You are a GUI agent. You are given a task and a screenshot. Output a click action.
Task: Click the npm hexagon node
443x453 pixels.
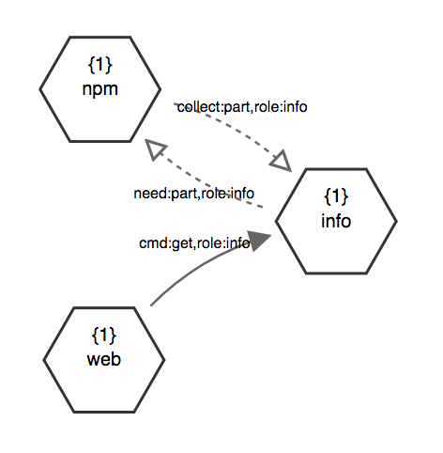coord(100,89)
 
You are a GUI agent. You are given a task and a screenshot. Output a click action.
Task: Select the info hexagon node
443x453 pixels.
coord(336,221)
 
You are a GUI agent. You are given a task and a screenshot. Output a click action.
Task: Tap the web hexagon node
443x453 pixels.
coord(104,360)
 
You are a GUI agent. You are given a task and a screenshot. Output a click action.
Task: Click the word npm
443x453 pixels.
coord(100,89)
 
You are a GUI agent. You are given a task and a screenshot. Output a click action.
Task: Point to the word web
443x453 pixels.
coord(104,359)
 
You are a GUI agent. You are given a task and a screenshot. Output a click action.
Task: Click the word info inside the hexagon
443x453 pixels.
coord(336,221)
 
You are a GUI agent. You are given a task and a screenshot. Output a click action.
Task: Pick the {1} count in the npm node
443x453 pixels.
coord(100,65)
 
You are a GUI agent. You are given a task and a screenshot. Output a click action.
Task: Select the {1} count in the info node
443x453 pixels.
coord(336,196)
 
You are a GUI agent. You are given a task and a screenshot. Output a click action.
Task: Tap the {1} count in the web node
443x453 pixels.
coord(104,335)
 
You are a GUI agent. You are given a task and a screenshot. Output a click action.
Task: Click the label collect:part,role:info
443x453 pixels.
coord(242,107)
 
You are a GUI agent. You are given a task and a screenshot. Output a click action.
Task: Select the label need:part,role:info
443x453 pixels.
coord(194,194)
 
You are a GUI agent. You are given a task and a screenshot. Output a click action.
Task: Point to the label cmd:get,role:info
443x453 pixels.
coord(194,243)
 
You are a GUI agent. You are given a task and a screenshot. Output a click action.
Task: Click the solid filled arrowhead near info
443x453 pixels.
coord(259,241)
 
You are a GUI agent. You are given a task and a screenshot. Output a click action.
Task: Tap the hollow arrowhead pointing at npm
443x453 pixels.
coord(155,149)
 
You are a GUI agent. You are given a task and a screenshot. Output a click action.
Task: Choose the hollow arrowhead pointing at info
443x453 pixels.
coord(282,162)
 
